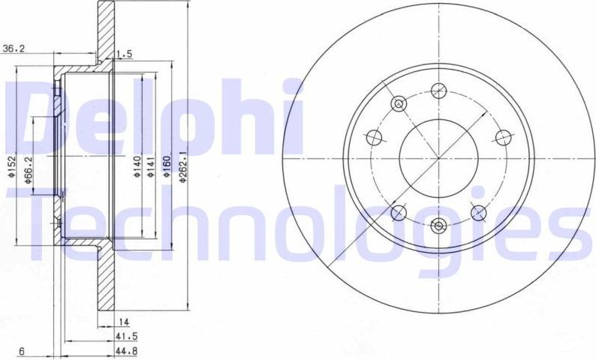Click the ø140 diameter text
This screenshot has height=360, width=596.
[137, 164]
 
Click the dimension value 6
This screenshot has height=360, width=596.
[23, 350]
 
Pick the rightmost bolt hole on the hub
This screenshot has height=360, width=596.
[504, 136]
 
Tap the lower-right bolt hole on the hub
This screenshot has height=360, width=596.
[478, 213]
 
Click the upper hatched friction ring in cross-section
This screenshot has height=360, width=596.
[104, 30]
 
